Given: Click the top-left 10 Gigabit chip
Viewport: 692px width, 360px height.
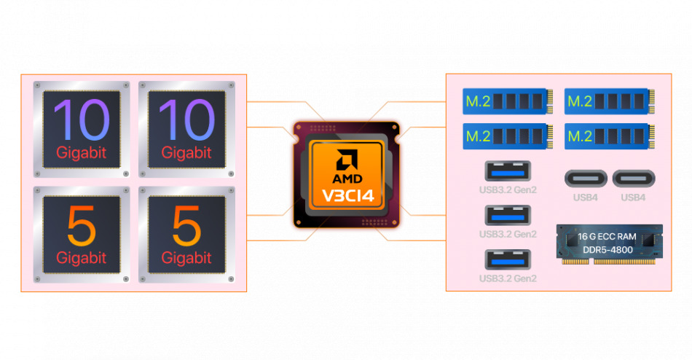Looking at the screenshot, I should (82, 129).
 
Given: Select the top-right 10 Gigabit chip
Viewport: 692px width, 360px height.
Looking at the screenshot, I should (186, 129).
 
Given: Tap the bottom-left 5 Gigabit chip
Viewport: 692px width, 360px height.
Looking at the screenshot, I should (82, 234).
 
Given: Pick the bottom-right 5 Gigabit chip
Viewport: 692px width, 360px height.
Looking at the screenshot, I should (186, 234).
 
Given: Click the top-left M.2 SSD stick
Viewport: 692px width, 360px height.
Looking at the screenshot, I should (505, 101).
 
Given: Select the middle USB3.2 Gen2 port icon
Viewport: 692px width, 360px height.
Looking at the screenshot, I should (508, 216).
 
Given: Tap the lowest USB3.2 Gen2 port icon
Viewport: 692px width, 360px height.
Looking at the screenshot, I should (508, 260).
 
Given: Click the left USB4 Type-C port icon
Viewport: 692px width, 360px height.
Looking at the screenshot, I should (586, 179).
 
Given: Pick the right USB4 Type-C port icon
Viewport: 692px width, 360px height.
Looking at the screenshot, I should (633, 179).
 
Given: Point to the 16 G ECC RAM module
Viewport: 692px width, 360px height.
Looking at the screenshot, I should (609, 243).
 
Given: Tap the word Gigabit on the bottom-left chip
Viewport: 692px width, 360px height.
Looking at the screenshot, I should (82, 257).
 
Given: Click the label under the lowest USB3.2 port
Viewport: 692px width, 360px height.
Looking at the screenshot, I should (508, 278).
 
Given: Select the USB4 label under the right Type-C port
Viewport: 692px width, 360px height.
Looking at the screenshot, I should (633, 197).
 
